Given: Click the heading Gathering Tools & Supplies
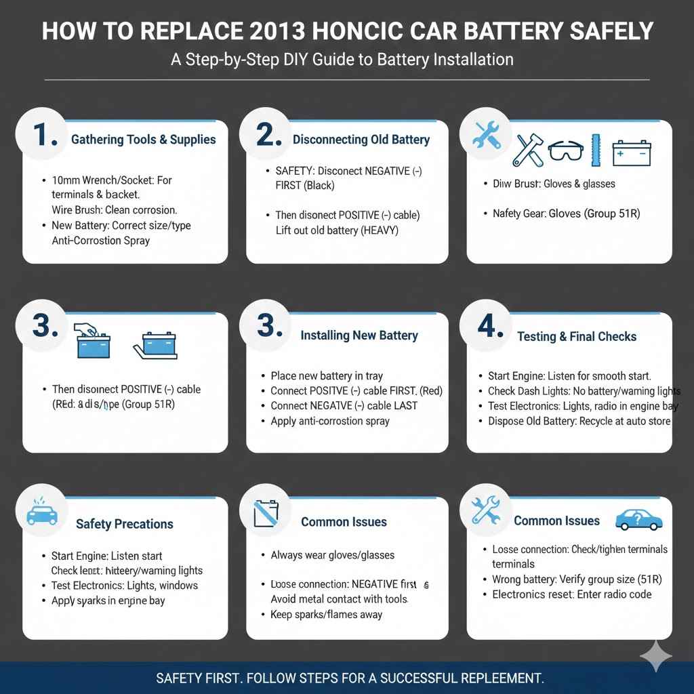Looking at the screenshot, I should [x=143, y=140].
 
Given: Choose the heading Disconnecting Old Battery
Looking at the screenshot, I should [x=361, y=140].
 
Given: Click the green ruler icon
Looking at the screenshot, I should [x=596, y=150].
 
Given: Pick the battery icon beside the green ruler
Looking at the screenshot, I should [x=631, y=152].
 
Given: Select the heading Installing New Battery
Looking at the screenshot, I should [x=359, y=335].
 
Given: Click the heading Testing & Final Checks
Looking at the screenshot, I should [x=577, y=336].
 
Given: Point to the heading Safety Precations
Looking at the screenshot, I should [x=125, y=524].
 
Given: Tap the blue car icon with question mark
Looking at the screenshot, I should [x=638, y=520].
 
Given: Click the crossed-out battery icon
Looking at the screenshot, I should [x=266, y=514].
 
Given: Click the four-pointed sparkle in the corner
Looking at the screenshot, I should [x=656, y=655].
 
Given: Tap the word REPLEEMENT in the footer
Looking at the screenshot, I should [x=495, y=678].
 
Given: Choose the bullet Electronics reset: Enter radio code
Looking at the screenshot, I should [x=572, y=594].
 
